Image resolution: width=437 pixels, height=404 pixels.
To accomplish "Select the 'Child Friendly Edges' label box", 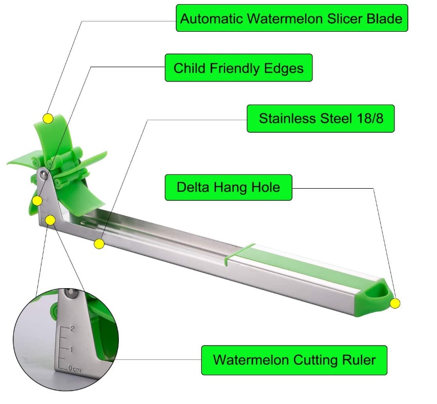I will coord(238,68).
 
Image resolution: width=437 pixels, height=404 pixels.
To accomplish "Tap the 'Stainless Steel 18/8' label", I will coord(321,118).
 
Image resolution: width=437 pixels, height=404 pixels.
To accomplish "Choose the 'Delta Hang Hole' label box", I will coord(228,187).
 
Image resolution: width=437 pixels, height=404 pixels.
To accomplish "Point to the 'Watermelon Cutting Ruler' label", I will coord(294,359).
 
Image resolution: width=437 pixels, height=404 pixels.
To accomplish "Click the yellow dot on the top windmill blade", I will coord(48,118).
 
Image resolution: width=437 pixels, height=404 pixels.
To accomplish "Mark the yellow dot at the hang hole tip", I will coord(394,304).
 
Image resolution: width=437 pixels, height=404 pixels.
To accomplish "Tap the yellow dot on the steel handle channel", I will coord(99,244).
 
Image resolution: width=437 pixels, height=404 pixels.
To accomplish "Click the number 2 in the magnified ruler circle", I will coord(72,329).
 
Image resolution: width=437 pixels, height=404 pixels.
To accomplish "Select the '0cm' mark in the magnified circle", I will coord(75,368).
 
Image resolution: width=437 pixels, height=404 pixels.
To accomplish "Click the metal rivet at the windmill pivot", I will coord(45,175).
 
